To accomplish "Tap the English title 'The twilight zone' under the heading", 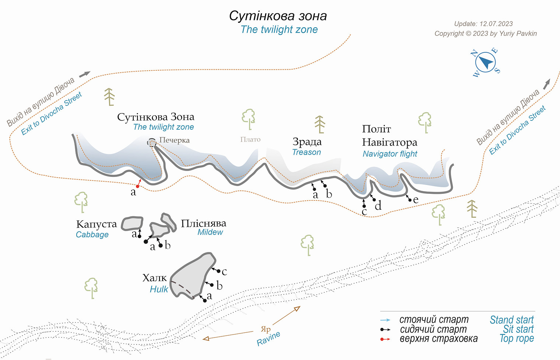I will [x=279, y=29].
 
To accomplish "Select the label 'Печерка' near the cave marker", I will [x=175, y=140].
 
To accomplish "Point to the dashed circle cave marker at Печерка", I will [x=152, y=143].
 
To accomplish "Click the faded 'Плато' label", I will [x=250, y=139].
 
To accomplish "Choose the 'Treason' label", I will [x=306, y=152].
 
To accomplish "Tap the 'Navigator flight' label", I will [x=390, y=154].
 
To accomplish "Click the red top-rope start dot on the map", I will [x=137, y=186].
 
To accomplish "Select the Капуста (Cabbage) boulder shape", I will [x=132, y=223].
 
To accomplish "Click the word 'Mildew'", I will [x=210, y=232].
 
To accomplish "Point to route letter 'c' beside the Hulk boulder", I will [x=224, y=272].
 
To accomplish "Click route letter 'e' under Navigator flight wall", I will [x=416, y=200].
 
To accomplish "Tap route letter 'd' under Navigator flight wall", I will [x=378, y=206].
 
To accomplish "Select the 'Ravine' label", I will [x=268, y=338].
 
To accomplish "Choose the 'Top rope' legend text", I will [x=517, y=338].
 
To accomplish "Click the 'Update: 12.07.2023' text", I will [x=483, y=24].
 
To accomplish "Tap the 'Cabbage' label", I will [x=92, y=235].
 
